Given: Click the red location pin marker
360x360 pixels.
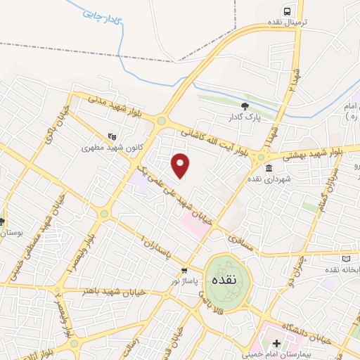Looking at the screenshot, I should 181,165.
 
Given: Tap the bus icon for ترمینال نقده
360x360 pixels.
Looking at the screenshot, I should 287,11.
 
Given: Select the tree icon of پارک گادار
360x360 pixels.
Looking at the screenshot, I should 245,105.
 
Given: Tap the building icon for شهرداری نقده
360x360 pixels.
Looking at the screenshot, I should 270,168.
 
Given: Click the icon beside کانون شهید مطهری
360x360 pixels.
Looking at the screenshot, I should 110,136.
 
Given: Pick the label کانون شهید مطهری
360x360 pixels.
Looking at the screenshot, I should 84,148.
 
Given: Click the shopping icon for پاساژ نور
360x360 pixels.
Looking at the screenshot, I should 184,269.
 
